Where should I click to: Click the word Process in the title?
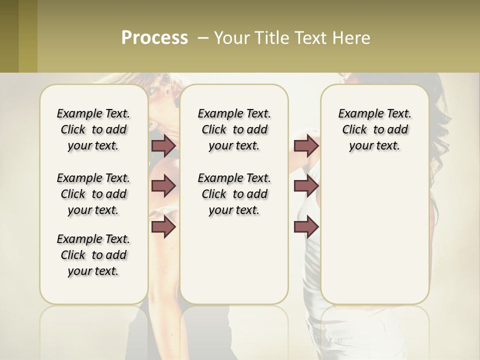tap(154, 37)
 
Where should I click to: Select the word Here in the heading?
tap(352, 38)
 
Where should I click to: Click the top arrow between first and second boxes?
tap(163, 145)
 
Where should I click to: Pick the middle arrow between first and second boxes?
tap(163, 186)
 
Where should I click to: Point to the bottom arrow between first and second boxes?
tap(163, 227)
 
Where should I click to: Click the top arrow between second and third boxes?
tap(306, 145)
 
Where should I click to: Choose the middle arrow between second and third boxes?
tap(306, 186)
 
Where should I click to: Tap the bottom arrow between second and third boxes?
tap(306, 227)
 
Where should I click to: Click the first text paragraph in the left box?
tap(93, 129)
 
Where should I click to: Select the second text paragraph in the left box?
tap(93, 194)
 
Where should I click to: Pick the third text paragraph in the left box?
tap(93, 255)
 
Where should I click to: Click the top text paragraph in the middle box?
tap(234, 129)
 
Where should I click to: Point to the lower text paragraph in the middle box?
tap(234, 194)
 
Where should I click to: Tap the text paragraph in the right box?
tap(374, 129)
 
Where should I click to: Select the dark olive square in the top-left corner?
tap(9, 36)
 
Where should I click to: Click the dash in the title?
tap(203, 38)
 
